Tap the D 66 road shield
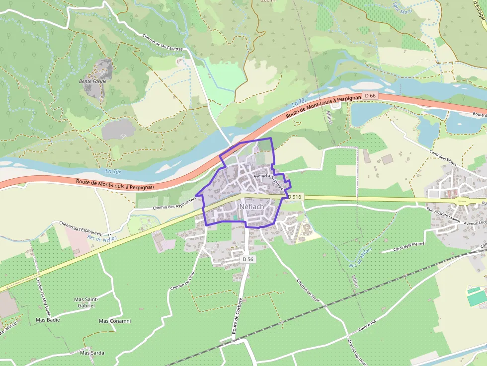[x=370, y=95]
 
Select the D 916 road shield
[x=295, y=197]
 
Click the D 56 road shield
[x=248, y=259]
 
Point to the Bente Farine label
[x=93, y=81]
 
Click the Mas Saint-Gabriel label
[x=86, y=302]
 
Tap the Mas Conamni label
[x=115, y=321]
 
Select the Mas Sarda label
[x=92, y=353]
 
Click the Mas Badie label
[x=48, y=320]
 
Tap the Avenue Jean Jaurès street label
[x=268, y=182]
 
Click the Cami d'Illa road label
[x=369, y=326]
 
